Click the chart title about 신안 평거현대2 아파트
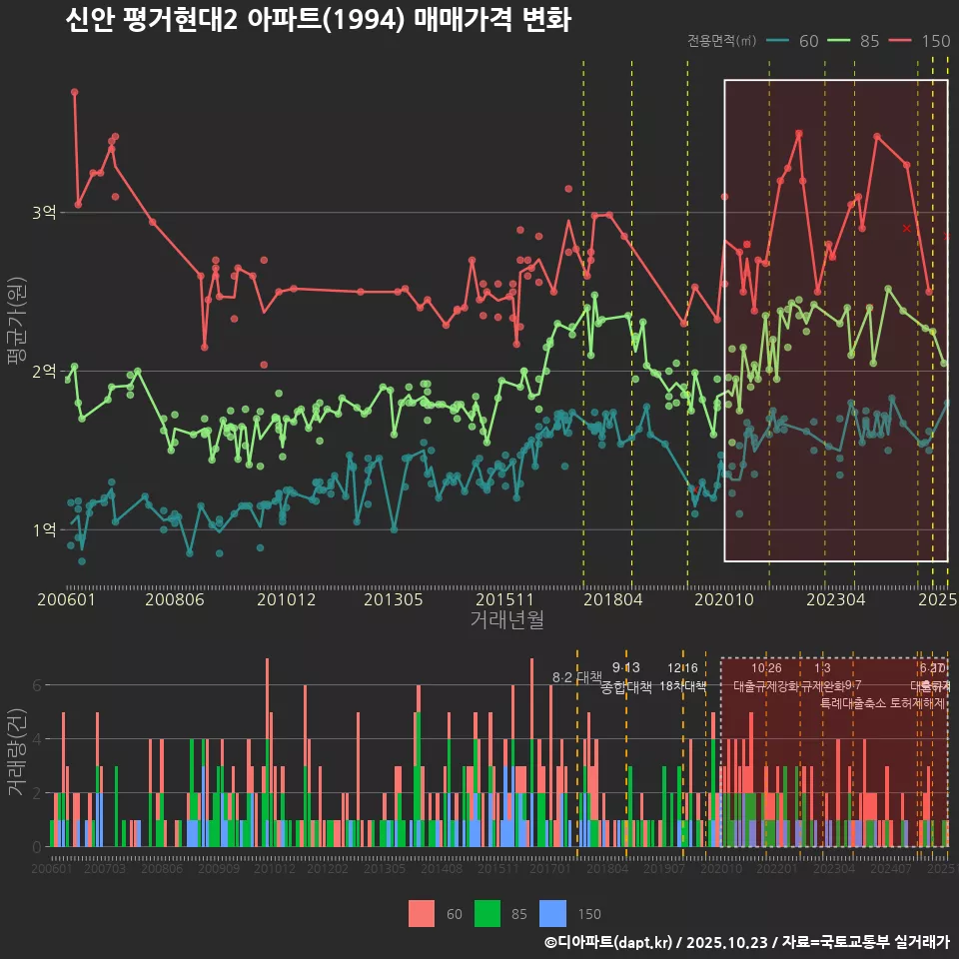pyautogui.click(x=318, y=21)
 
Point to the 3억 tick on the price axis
pyautogui.click(x=44, y=213)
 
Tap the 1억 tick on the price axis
pyautogui.click(x=44, y=529)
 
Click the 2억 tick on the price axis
pyautogui.click(x=44, y=372)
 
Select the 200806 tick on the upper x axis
pyautogui.click(x=176, y=600)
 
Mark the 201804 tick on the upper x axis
pyautogui.click(x=612, y=600)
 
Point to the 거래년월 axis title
pyautogui.click(x=506, y=620)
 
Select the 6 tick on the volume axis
pyautogui.click(x=36, y=685)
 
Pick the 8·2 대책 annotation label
pyautogui.click(x=570, y=677)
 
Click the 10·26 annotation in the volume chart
pyautogui.click(x=766, y=668)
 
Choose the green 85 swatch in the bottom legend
pyautogui.click(x=486, y=913)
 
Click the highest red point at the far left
pyautogui.click(x=74, y=92)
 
